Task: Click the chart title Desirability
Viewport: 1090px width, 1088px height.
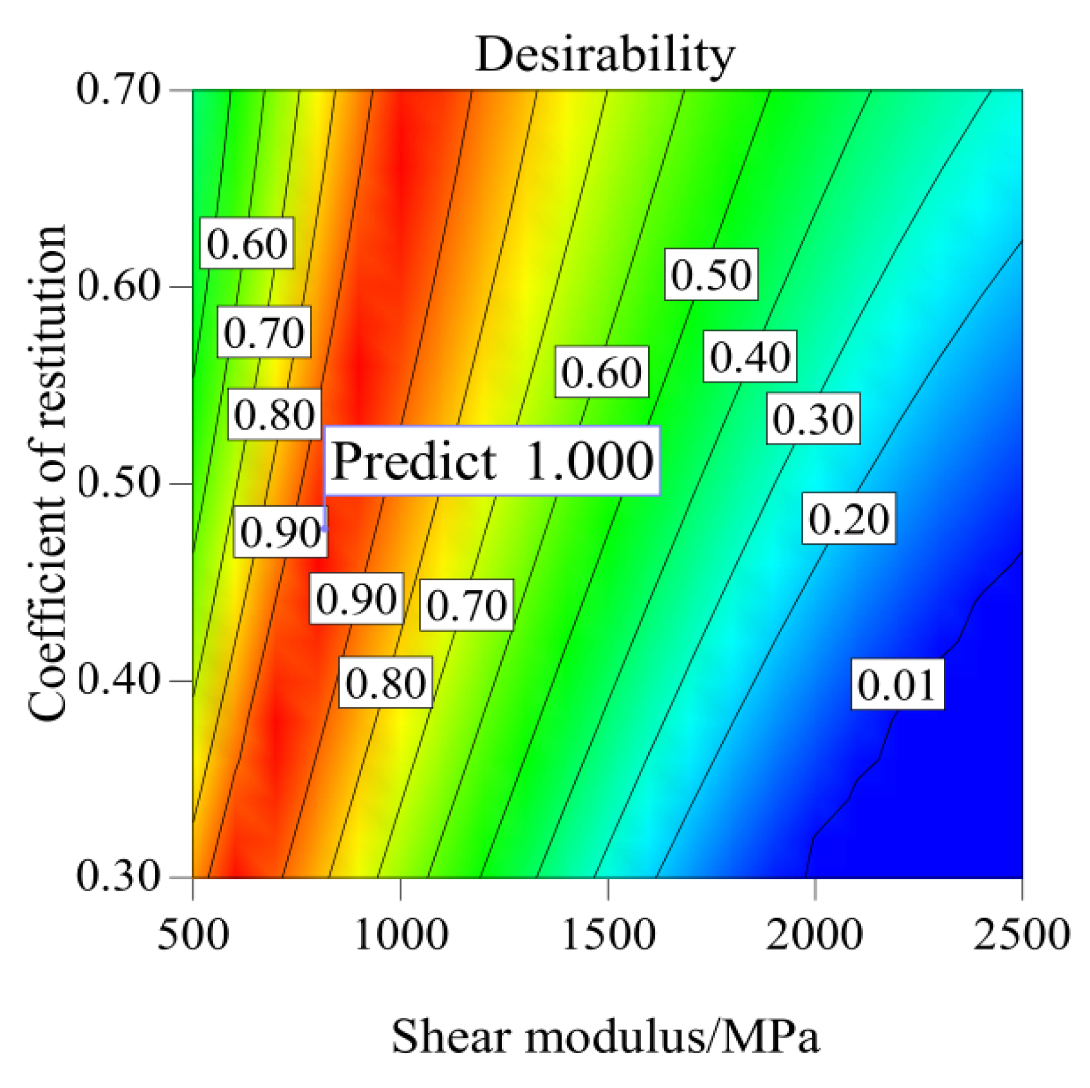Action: (604, 54)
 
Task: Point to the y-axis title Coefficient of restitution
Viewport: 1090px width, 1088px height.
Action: (47, 473)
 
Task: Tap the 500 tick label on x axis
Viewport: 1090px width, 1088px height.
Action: (193, 935)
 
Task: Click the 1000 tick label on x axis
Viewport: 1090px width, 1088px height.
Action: (401, 935)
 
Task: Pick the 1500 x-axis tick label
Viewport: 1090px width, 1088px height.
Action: (608, 935)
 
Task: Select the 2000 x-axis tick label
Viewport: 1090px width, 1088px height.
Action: (814, 935)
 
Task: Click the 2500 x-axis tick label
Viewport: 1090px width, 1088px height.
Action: (1020, 935)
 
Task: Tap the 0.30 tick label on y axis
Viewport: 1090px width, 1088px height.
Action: (118, 877)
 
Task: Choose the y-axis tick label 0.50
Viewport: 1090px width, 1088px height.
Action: (118, 483)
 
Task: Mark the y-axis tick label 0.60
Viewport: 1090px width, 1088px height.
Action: (118, 286)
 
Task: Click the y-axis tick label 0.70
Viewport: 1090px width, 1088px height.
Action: (118, 89)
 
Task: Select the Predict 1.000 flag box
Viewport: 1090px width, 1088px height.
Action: (493, 461)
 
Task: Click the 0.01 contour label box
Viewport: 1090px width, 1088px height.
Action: (897, 684)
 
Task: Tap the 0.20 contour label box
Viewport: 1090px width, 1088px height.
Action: (848, 519)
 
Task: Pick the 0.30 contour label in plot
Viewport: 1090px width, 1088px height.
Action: (813, 419)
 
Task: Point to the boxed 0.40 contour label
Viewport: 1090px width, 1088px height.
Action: (750, 357)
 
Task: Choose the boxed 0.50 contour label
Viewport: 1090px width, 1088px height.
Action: (711, 275)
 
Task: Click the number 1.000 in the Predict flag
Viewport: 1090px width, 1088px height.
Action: (589, 461)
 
